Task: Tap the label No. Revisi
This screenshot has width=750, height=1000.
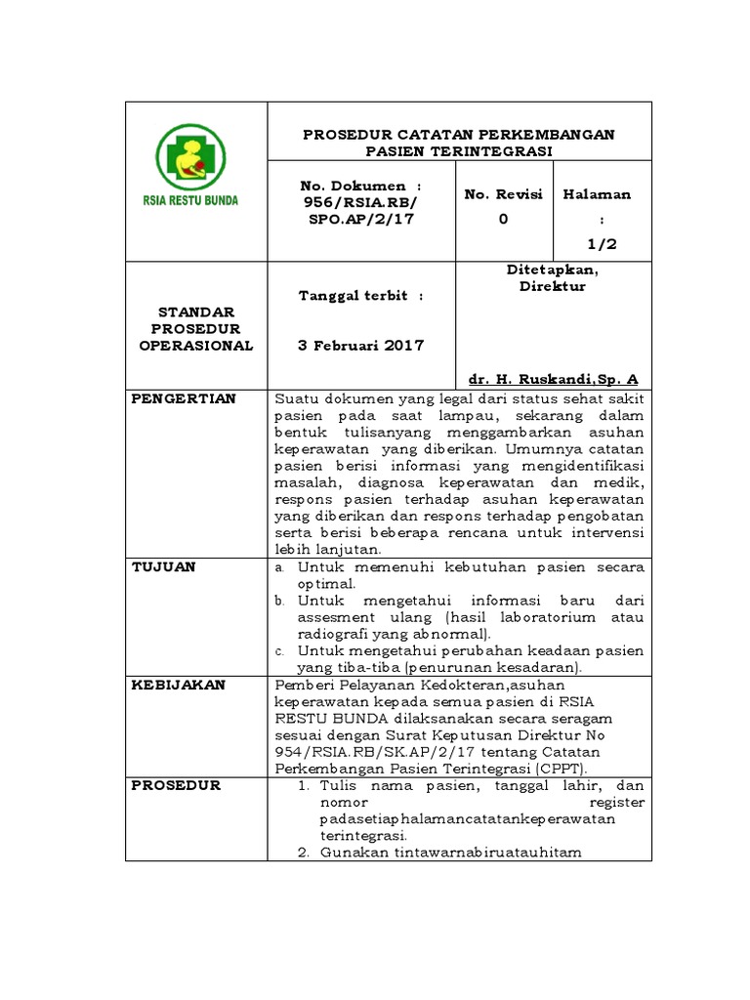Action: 503,194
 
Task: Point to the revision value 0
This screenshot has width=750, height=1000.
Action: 503,219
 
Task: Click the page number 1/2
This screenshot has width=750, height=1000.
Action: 603,244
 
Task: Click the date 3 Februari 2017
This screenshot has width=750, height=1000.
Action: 362,346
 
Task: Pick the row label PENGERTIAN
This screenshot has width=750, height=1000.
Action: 185,398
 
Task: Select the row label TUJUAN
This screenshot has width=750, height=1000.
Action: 163,566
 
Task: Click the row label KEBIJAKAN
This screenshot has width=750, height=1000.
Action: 179,685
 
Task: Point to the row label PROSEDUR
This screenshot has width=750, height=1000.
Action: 177,785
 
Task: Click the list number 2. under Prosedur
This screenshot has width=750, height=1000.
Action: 303,853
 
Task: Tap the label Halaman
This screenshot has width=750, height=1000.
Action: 597,194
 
